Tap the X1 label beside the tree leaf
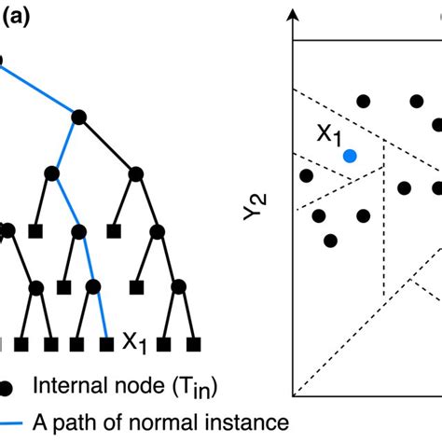(134, 343)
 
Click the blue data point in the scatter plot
(349, 156)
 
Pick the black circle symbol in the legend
(7, 384)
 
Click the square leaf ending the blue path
(106, 343)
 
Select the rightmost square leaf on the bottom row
(192, 343)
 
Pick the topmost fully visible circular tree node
(79, 116)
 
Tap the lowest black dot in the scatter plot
(330, 241)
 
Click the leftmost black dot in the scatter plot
(305, 175)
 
